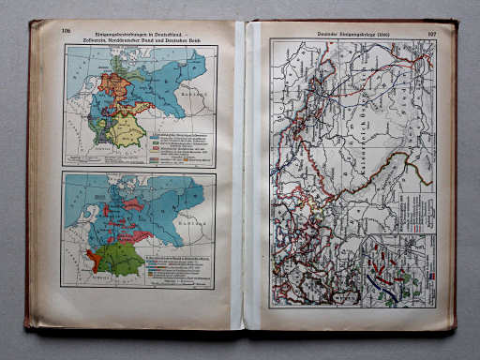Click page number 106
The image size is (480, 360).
click(67, 30)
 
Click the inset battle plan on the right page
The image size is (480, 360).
click(395, 273)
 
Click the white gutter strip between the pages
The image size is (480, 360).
click(239, 178)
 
